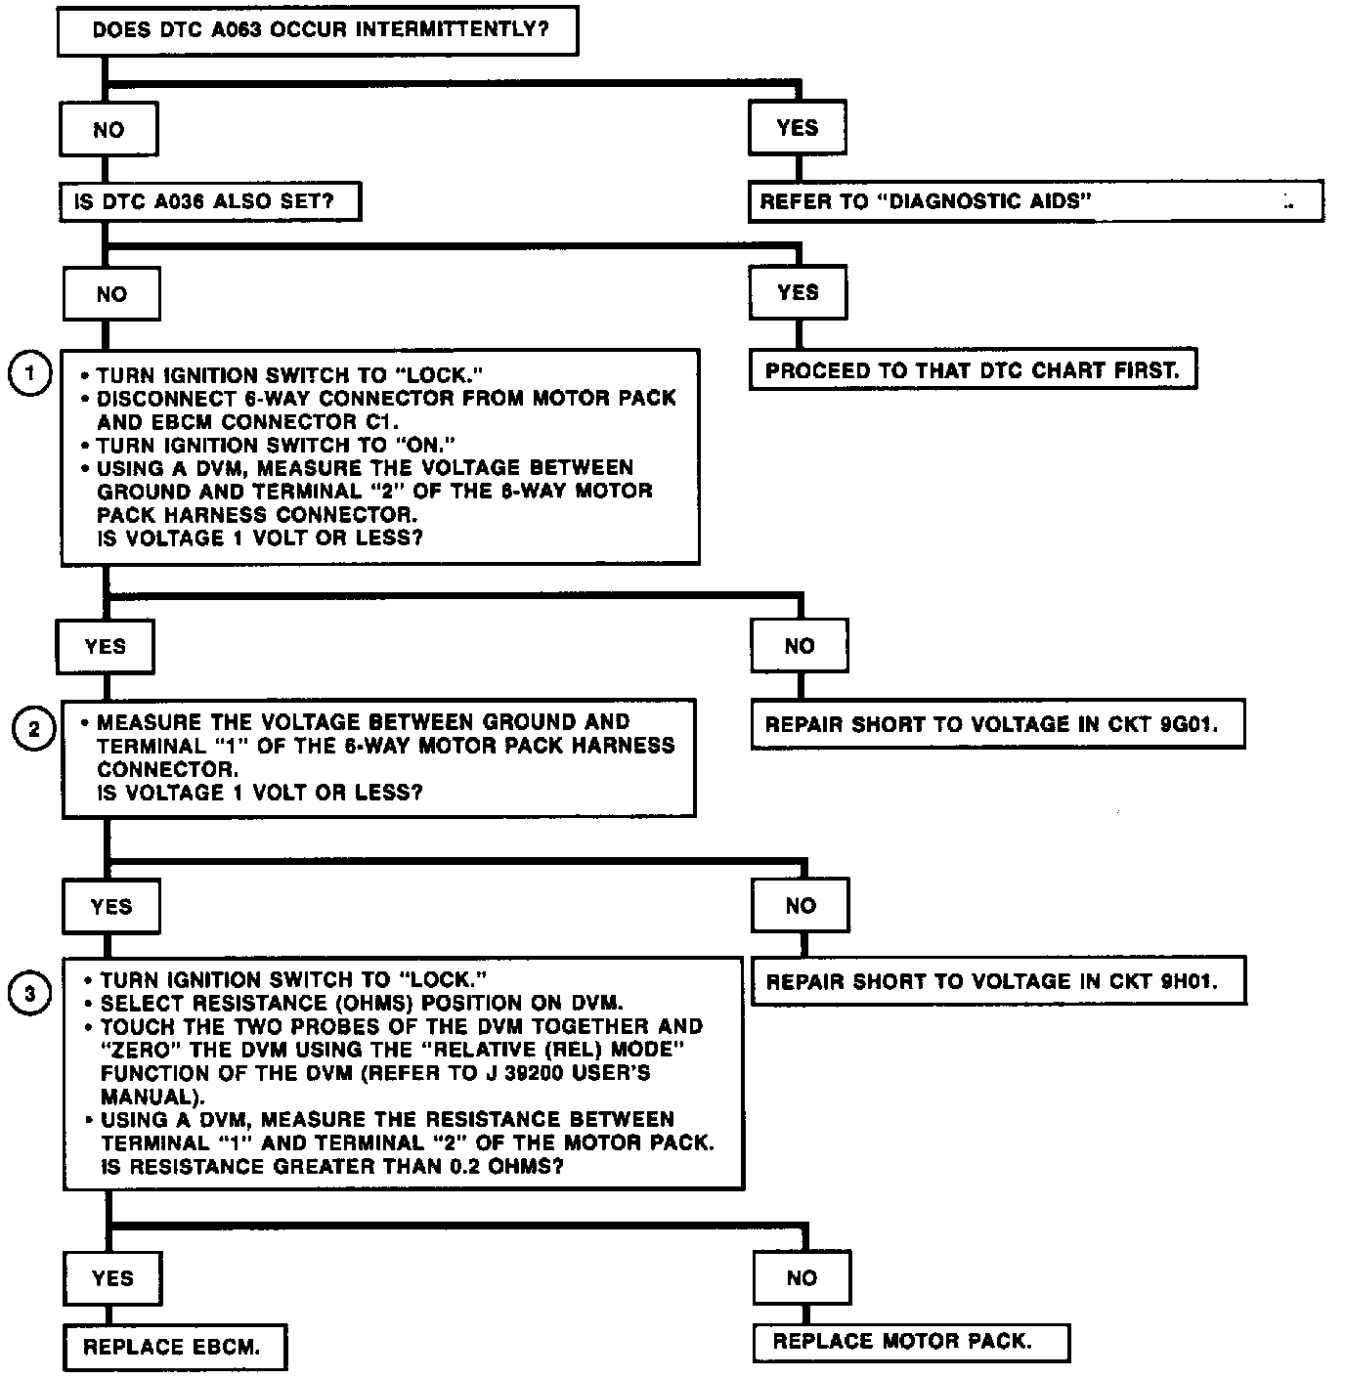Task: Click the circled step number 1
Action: click(29, 374)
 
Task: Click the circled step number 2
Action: click(34, 730)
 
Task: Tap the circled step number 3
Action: click(30, 994)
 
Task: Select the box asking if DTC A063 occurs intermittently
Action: click(318, 30)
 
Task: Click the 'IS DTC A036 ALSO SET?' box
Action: click(210, 202)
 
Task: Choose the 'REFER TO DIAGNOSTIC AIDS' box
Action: click(1035, 201)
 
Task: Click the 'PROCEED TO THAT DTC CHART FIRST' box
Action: click(973, 370)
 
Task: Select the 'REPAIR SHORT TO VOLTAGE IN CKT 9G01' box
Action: click(997, 724)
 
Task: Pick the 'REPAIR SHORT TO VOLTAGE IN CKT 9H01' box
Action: click(998, 981)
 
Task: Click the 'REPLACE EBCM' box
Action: click(174, 1348)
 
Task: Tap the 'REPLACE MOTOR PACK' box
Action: click(910, 1342)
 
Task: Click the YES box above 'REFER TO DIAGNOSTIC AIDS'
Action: click(797, 128)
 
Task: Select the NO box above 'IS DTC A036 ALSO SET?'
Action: click(108, 130)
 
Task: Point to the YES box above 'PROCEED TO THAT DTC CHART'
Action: click(798, 292)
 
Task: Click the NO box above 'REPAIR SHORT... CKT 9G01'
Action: click(799, 646)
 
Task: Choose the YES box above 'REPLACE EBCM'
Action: click(112, 1278)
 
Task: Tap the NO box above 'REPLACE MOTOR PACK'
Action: click(802, 1278)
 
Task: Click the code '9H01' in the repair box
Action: click(1189, 981)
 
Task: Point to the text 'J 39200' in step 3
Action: click(546, 1073)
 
